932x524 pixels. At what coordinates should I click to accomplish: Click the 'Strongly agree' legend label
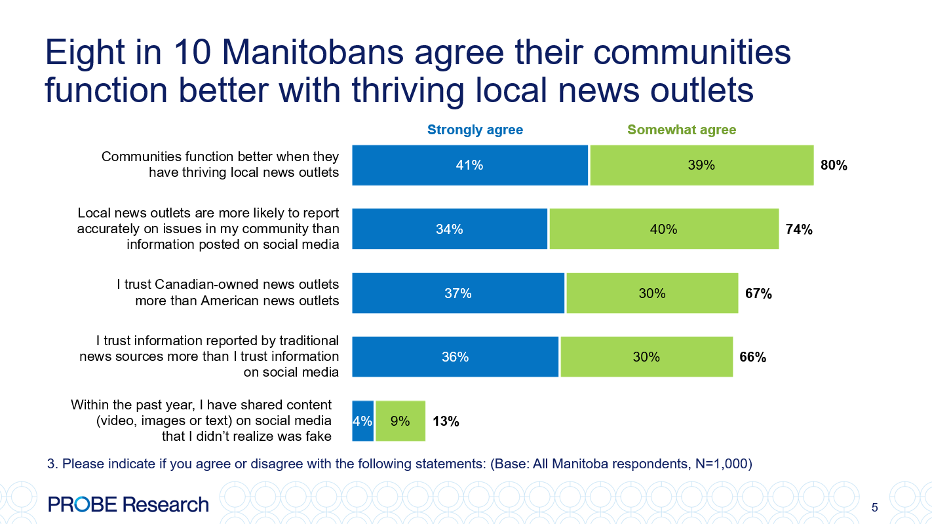[x=475, y=130]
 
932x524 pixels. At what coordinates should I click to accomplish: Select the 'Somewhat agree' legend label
[x=682, y=130]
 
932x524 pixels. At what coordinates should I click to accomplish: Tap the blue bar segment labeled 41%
[x=470, y=166]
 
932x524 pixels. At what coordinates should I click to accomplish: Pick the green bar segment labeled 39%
[x=701, y=166]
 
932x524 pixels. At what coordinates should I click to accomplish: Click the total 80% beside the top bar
[x=834, y=166]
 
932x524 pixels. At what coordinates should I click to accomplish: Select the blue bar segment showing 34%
[x=450, y=229]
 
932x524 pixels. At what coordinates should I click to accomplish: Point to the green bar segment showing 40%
[x=663, y=229]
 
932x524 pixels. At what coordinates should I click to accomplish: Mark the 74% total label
[x=799, y=229]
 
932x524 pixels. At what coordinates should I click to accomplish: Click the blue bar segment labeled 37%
[x=458, y=293]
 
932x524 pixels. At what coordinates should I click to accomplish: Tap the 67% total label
[x=758, y=293]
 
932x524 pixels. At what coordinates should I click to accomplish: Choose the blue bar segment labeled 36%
[x=455, y=357]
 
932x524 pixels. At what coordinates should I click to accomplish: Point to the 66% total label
[x=752, y=357]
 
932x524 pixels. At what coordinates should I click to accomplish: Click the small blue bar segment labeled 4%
[x=362, y=421]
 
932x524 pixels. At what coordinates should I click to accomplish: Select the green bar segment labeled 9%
[x=400, y=421]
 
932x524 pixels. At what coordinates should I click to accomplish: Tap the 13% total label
[x=446, y=421]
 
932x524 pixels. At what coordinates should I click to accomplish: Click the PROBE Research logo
[x=128, y=504]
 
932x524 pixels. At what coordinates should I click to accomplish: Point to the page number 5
[x=874, y=508]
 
